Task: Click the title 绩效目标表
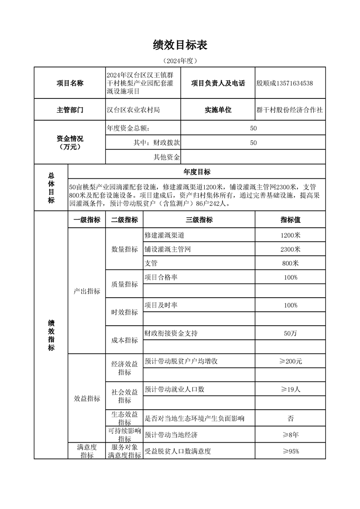pyautogui.click(x=180, y=45)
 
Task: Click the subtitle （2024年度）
pyautogui.click(x=180, y=60)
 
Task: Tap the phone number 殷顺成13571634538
pyautogui.click(x=285, y=83)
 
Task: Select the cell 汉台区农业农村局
pyautogui.click(x=133, y=110)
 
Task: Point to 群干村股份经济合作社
pyautogui.click(x=290, y=110)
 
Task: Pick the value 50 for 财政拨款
pyautogui.click(x=253, y=142)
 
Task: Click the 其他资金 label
pyautogui.click(x=167, y=157)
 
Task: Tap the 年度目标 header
pyautogui.click(x=197, y=171)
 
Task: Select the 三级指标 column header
pyautogui.click(x=199, y=220)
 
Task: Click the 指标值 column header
pyautogui.click(x=290, y=220)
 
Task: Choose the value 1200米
pyautogui.click(x=290, y=235)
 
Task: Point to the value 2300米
pyautogui.click(x=290, y=249)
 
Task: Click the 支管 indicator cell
pyautogui.click(x=151, y=263)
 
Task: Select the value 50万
pyautogui.click(x=290, y=333)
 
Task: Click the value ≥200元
pyautogui.click(x=290, y=361)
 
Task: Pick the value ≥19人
pyautogui.click(x=290, y=389)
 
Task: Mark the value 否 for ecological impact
pyautogui.click(x=290, y=418)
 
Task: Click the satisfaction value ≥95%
pyautogui.click(x=290, y=451)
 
